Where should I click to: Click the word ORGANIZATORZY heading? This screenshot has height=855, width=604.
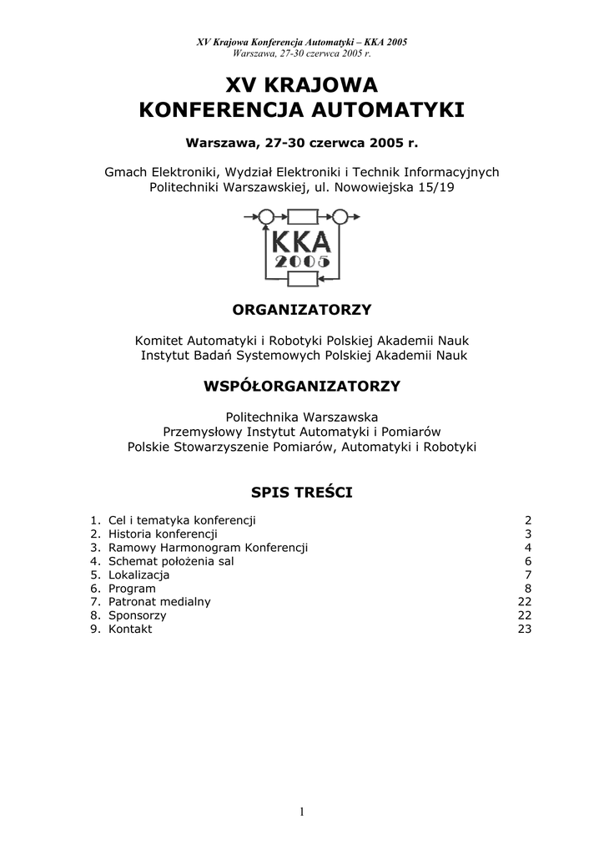(x=301, y=310)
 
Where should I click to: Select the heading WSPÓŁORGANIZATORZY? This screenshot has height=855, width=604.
(x=302, y=386)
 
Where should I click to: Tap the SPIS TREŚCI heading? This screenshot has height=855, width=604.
(x=302, y=493)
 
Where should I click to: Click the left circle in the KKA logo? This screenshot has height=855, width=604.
(x=266, y=218)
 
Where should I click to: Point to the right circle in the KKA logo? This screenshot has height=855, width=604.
(x=340, y=218)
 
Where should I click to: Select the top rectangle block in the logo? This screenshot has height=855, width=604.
(x=302, y=218)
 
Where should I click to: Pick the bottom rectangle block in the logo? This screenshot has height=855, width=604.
(x=302, y=279)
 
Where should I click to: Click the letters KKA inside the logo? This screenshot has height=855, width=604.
(x=301, y=242)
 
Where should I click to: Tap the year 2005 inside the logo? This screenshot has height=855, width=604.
(x=301, y=262)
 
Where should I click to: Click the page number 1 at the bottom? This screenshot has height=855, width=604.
(x=302, y=812)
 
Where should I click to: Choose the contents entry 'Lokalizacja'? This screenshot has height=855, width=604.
(x=138, y=574)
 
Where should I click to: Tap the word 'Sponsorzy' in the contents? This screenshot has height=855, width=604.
(x=137, y=615)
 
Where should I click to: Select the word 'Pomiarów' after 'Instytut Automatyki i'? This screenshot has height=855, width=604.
(x=414, y=432)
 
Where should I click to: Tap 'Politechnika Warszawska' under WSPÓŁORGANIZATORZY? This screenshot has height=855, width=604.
(x=302, y=416)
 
